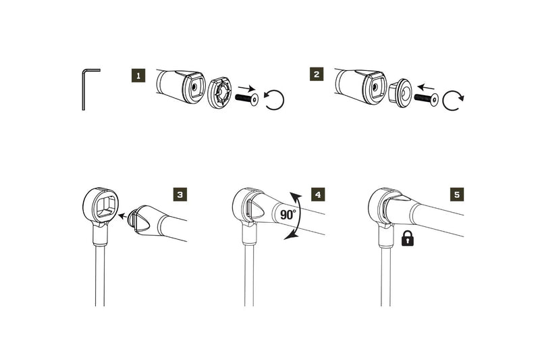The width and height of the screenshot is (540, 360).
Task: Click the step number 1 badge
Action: click(x=138, y=75)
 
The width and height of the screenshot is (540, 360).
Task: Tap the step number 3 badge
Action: click(x=179, y=195)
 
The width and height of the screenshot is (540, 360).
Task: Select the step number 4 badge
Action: click(x=317, y=195)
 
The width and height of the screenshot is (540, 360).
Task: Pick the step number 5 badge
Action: click(x=457, y=195)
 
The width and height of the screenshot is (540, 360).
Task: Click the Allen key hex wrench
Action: click(x=85, y=88)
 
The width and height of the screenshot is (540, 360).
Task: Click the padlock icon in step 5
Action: click(x=408, y=238)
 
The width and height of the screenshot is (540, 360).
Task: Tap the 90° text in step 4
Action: click(x=289, y=215)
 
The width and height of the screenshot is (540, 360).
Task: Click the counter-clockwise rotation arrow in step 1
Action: click(x=275, y=100)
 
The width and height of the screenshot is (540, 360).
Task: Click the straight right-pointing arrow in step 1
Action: click(x=248, y=88)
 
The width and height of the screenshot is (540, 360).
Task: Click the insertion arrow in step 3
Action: click(x=124, y=217)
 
